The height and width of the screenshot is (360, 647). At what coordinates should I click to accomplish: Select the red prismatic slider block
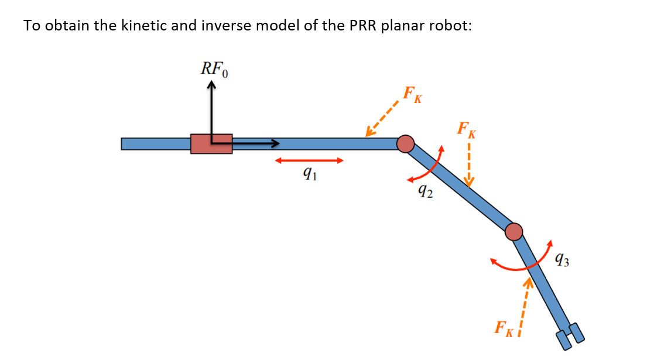(211, 143)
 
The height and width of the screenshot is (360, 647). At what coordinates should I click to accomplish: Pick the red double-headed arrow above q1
(309, 160)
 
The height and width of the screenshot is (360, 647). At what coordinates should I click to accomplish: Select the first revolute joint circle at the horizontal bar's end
(405, 143)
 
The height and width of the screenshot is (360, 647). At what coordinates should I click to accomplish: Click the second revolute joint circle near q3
(514, 232)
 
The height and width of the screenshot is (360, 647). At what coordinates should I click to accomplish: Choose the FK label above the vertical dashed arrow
(467, 129)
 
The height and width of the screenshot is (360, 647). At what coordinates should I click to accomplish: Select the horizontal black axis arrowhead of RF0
(275, 143)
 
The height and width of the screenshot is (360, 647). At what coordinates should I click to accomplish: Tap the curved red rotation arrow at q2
(425, 167)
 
